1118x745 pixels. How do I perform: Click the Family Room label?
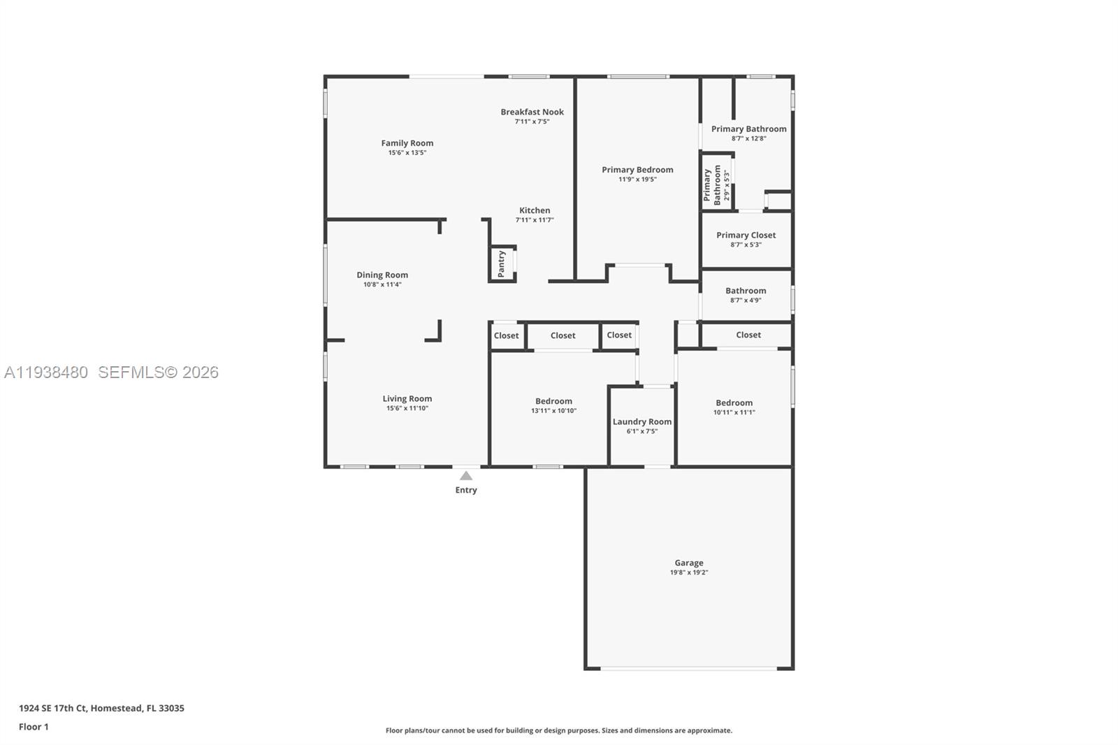pos(407,143)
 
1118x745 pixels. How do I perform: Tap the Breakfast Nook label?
pos(532,112)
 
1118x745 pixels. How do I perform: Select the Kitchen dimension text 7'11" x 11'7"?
pos(535,220)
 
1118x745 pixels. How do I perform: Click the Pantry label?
pos(501,264)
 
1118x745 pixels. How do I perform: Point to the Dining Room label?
pos(382,275)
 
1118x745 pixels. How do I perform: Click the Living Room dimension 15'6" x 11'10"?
pos(407,408)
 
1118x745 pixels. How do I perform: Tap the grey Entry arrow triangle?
pos(466,476)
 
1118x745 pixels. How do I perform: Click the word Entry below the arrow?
pos(466,490)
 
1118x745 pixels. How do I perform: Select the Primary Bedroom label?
pos(637,170)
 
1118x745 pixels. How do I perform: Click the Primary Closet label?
pos(746,235)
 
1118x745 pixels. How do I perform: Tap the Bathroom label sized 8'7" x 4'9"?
pos(746,291)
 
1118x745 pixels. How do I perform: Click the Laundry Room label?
pos(641,421)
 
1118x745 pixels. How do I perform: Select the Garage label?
pos(688,563)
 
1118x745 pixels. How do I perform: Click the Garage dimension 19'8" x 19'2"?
pos(688,572)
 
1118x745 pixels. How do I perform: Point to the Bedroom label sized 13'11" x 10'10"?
pos(553,401)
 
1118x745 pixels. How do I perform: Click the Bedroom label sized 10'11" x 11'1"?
pos(734,403)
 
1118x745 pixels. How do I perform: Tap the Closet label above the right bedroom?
pos(748,335)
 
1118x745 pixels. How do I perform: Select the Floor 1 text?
pos(34,727)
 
